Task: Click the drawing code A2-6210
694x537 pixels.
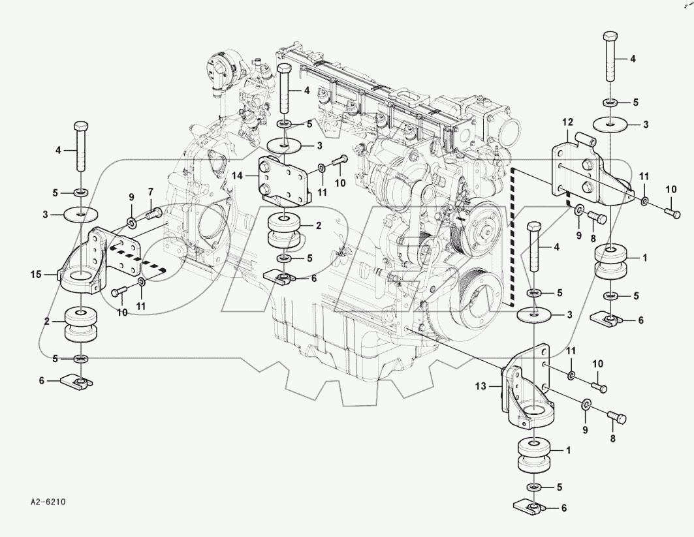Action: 49,503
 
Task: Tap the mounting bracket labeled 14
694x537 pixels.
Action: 285,179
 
